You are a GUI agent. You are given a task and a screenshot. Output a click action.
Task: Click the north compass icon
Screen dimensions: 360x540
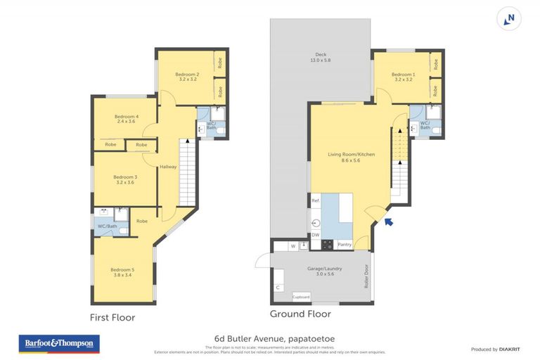click(x=509, y=19)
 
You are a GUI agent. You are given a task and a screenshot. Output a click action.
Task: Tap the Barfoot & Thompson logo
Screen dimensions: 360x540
click(x=58, y=344)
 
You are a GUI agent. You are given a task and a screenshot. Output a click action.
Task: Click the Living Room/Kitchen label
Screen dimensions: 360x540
click(x=349, y=157)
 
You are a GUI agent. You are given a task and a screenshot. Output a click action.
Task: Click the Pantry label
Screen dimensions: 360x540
click(x=345, y=245)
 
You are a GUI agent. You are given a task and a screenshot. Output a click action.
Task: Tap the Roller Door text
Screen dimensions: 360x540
click(x=366, y=276)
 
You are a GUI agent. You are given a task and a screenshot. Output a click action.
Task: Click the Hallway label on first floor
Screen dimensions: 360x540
click(x=168, y=167)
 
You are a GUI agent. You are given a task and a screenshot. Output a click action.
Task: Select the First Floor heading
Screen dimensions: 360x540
click(x=112, y=317)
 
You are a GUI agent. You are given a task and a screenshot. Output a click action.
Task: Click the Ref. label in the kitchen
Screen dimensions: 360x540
click(x=316, y=201)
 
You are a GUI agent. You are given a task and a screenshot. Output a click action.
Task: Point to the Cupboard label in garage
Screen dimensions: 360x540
click(x=301, y=297)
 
